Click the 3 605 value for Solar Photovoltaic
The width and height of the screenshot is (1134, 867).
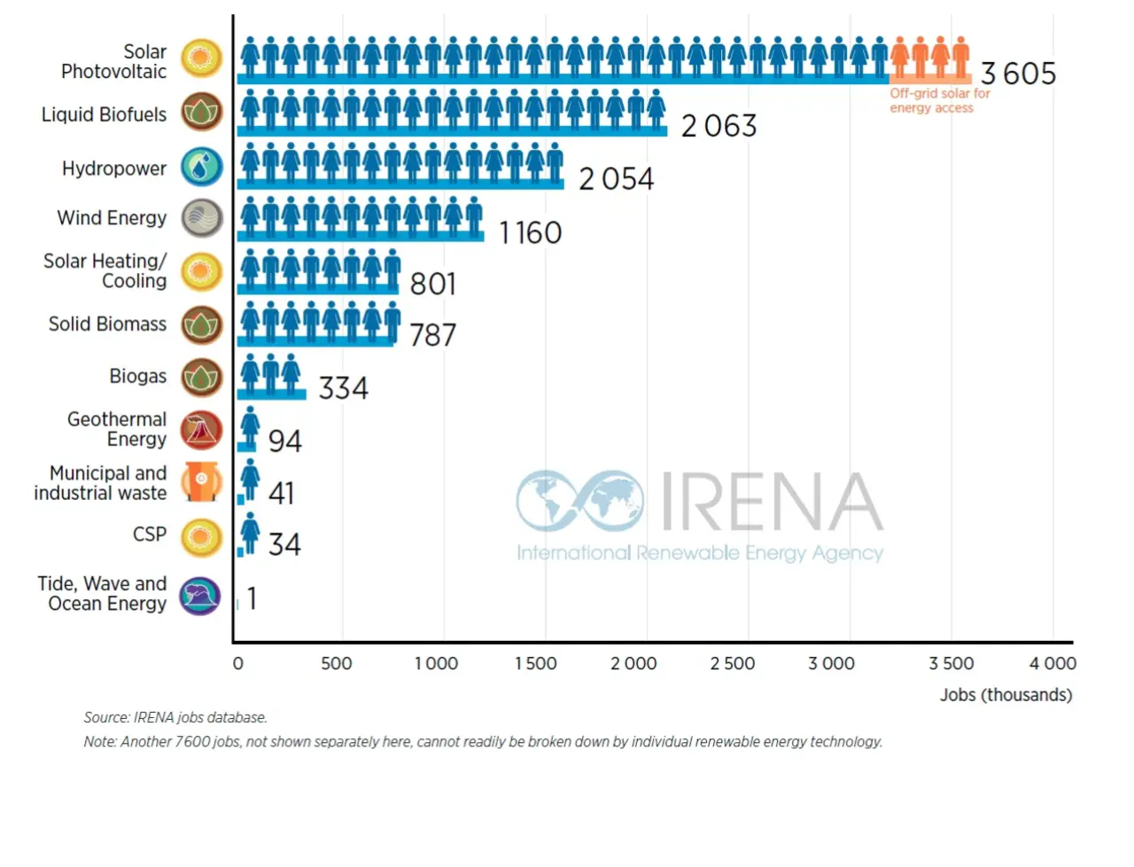[x=1018, y=74]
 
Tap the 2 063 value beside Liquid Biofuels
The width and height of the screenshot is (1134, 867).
[x=718, y=126]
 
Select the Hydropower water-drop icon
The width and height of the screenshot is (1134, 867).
[x=202, y=167]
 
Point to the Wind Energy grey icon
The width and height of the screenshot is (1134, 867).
[x=202, y=218]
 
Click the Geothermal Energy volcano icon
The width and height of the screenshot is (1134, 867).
[x=202, y=430]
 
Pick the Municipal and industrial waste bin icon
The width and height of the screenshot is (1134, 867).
[x=202, y=481]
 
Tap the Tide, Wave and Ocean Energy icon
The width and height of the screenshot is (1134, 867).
[x=200, y=595]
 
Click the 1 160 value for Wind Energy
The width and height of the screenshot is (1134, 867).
[x=530, y=232]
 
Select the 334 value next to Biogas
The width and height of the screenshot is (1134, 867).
[x=343, y=388]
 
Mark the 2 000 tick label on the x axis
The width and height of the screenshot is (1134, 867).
[x=633, y=663]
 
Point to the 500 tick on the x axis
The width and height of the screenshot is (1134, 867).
[x=337, y=663]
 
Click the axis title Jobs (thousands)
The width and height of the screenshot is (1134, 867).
[x=1006, y=695]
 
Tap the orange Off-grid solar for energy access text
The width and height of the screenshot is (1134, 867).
[x=939, y=100]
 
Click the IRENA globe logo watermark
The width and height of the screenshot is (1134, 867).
[x=580, y=501]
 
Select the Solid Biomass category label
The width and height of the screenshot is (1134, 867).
[x=107, y=324]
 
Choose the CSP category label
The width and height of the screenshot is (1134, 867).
[x=150, y=535]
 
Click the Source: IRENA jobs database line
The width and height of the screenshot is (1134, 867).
[x=175, y=717]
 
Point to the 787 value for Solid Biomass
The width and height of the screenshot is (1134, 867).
[x=432, y=335]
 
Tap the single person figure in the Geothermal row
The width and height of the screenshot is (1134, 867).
[x=251, y=427]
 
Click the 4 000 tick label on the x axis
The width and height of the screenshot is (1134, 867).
[x=1052, y=663]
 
